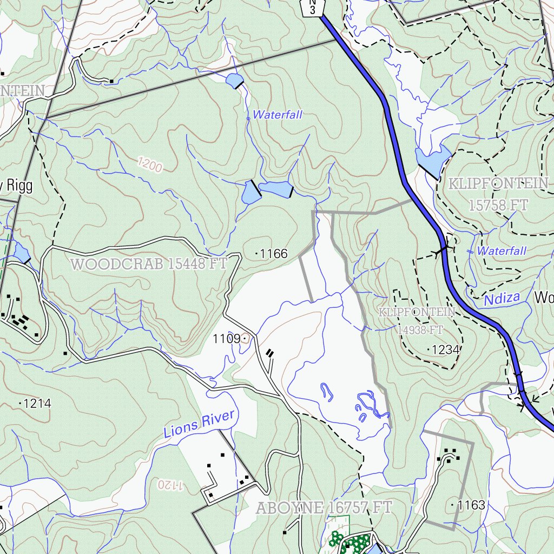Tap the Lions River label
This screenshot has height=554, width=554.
[x=200, y=424]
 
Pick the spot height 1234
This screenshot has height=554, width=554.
[x=444, y=350]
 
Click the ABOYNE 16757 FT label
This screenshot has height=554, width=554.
[x=324, y=508]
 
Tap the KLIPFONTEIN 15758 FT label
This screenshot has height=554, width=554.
[x=498, y=194]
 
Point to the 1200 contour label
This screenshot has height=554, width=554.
[x=149, y=164]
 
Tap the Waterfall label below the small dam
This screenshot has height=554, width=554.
[x=278, y=115]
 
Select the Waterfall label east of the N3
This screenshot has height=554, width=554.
[x=501, y=251]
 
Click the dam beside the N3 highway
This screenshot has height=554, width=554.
[x=433, y=157]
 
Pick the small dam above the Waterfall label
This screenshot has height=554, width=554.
[x=235, y=81]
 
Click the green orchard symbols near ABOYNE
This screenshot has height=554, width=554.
[x=352, y=543]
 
